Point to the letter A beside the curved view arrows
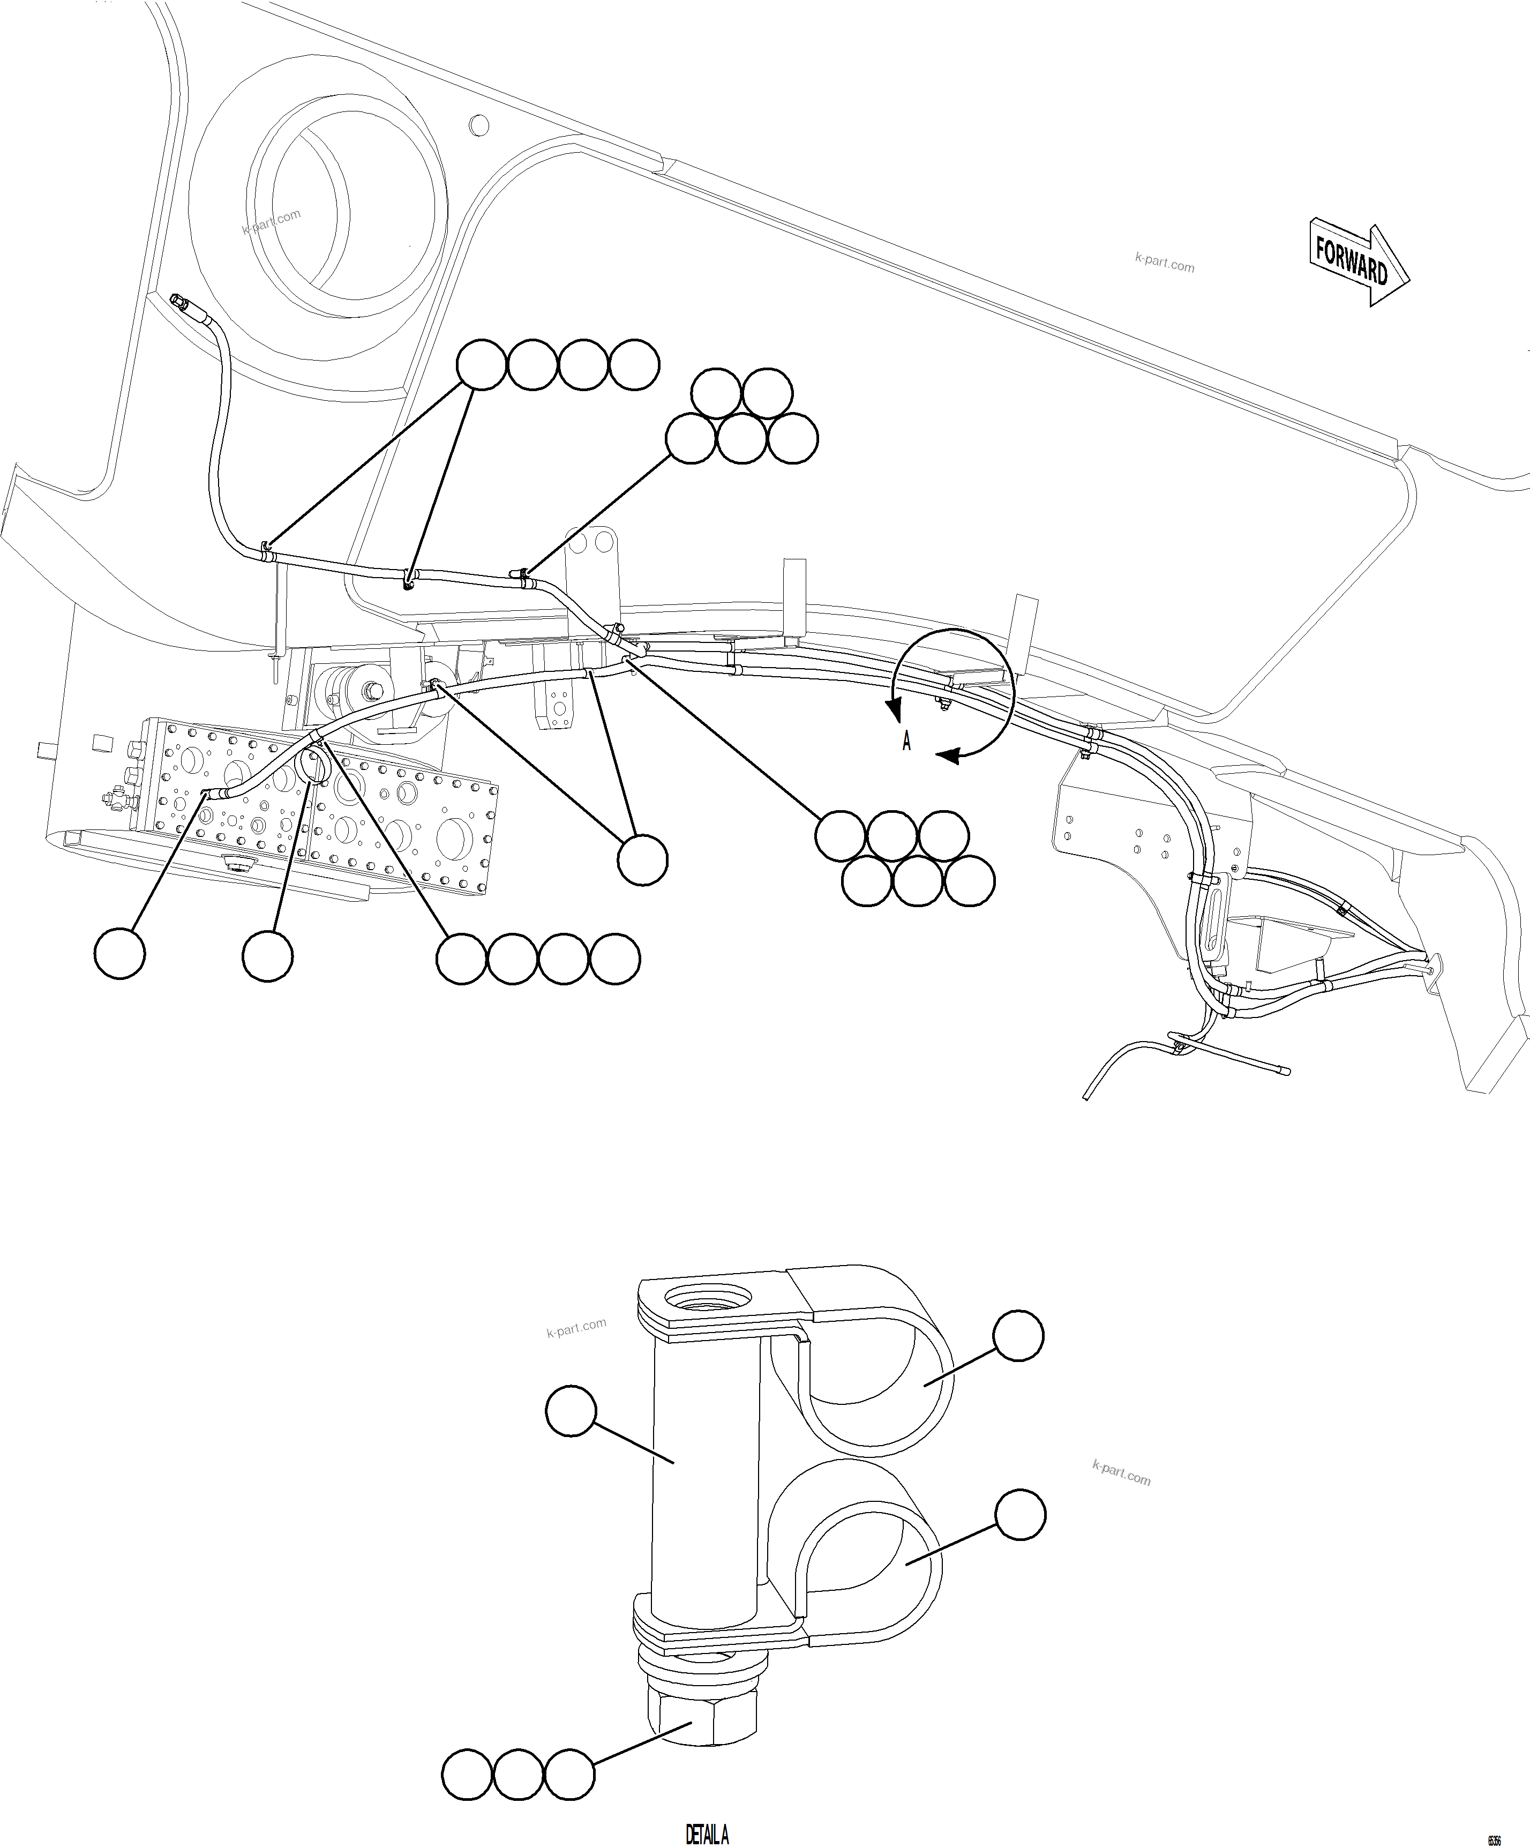coord(906,741)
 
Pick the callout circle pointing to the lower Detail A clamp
coord(1019,1515)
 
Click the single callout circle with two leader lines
coord(642,860)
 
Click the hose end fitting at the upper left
coord(181,304)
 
